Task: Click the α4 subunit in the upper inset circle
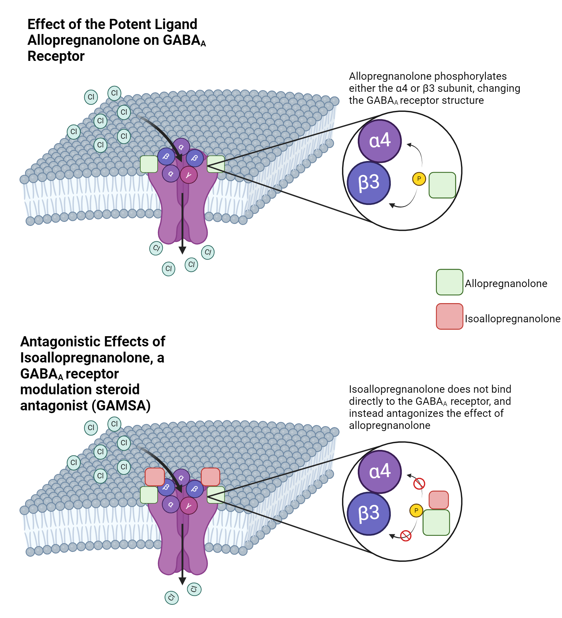(x=380, y=141)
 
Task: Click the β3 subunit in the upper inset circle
(x=369, y=183)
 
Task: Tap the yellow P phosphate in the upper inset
(x=419, y=179)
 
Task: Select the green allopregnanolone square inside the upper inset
(x=442, y=185)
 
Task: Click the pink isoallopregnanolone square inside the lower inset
(x=438, y=500)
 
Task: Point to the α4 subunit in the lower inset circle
(x=380, y=472)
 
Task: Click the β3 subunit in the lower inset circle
(x=369, y=514)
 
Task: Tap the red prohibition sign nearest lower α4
(x=419, y=484)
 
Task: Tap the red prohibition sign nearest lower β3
(x=405, y=535)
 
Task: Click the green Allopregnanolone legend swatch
(x=449, y=282)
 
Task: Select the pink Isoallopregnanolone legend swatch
(x=449, y=316)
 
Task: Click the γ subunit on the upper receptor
(x=188, y=175)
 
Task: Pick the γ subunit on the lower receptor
(x=188, y=506)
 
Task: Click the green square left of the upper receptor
(x=149, y=164)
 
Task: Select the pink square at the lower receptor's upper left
(x=154, y=476)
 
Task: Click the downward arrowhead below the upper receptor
(x=182, y=250)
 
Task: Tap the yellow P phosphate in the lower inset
(x=416, y=510)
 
